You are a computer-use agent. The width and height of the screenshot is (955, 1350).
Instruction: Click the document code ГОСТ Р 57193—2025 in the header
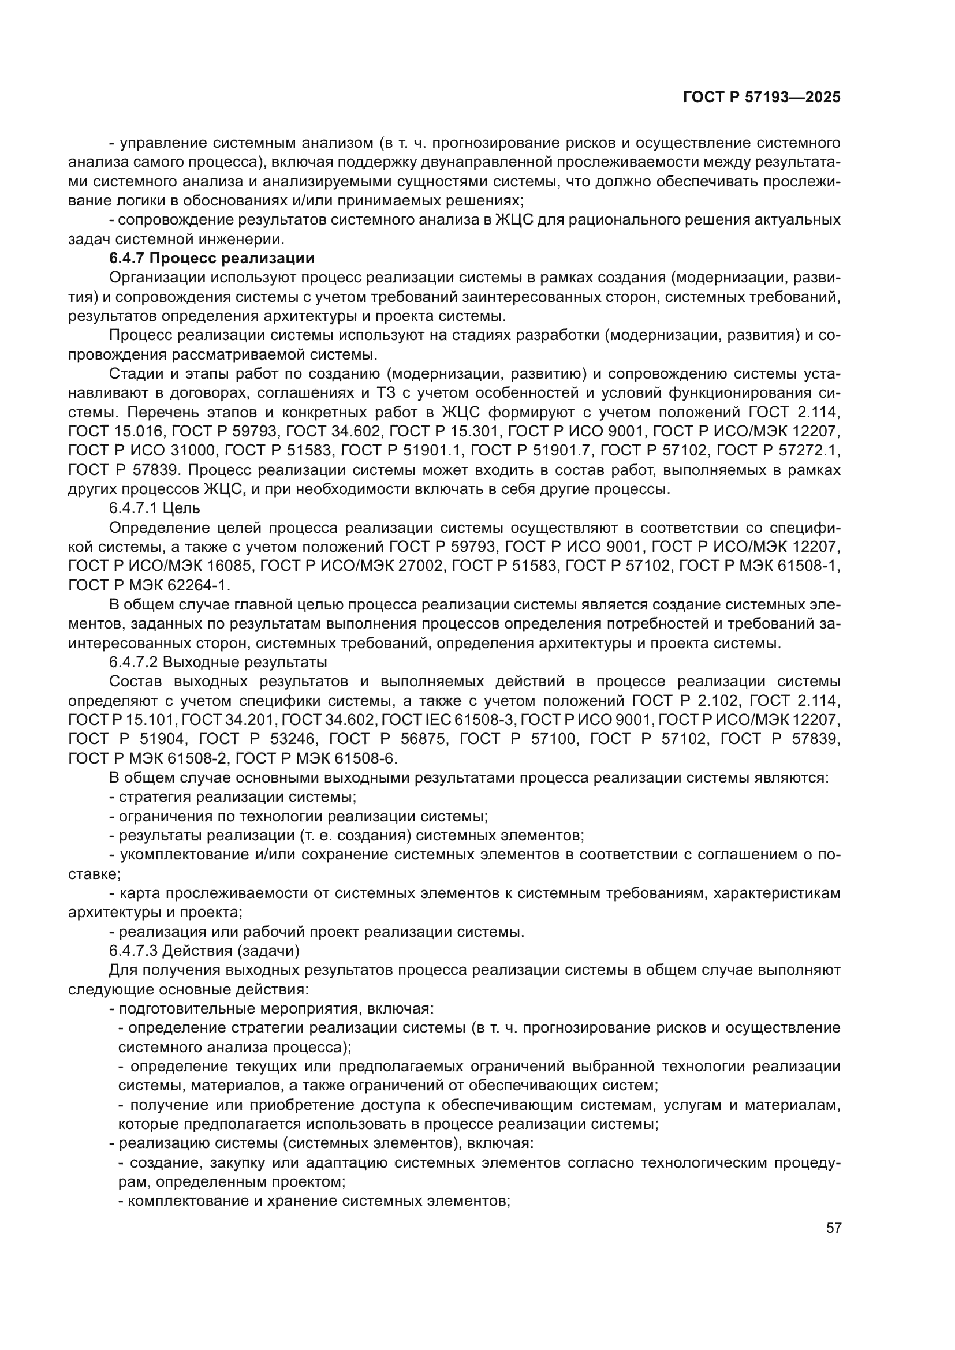762,98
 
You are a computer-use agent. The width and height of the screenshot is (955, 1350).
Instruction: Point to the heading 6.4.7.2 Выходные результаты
218,662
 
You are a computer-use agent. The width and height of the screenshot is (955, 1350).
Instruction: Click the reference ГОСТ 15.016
115,432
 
